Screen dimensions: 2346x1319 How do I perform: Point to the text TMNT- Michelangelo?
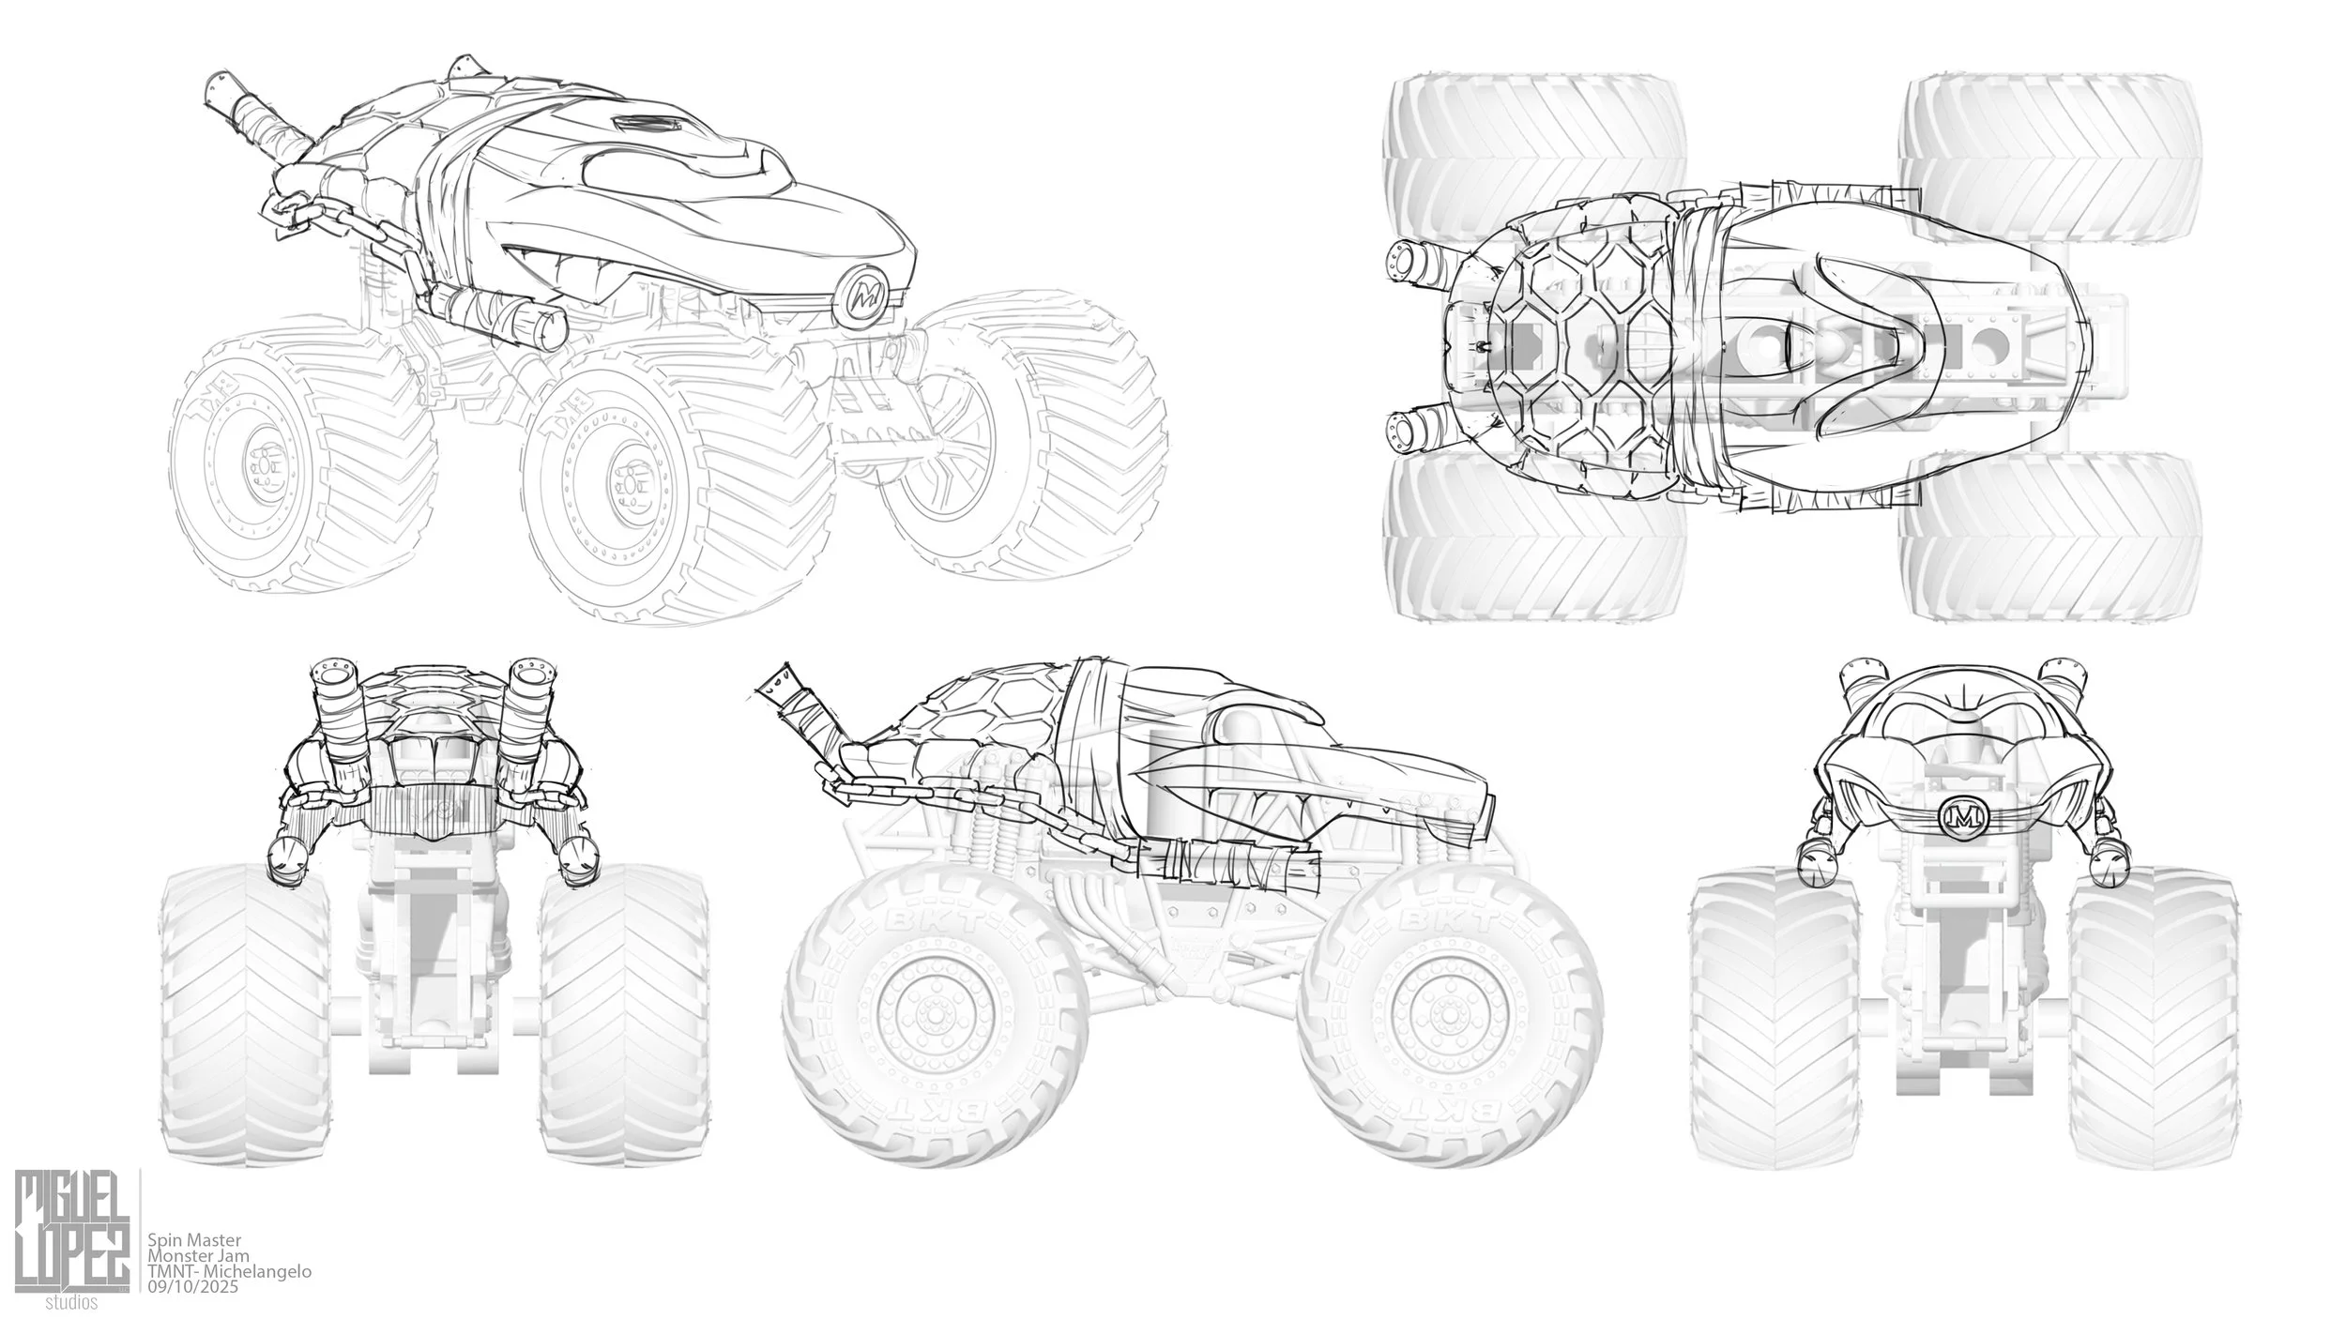[x=230, y=1271]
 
